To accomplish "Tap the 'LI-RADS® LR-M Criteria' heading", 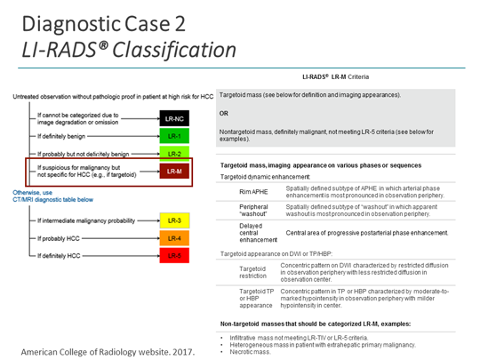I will click(342, 77).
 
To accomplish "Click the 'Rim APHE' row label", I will click(253, 191).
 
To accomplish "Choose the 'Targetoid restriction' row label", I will click(254, 271).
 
